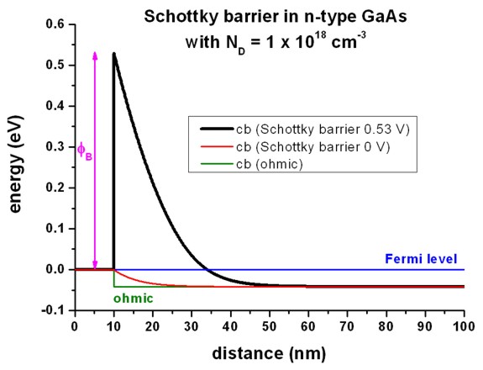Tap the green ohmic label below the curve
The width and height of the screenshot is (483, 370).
(129, 297)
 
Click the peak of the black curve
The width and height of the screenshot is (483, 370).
(113, 53)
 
